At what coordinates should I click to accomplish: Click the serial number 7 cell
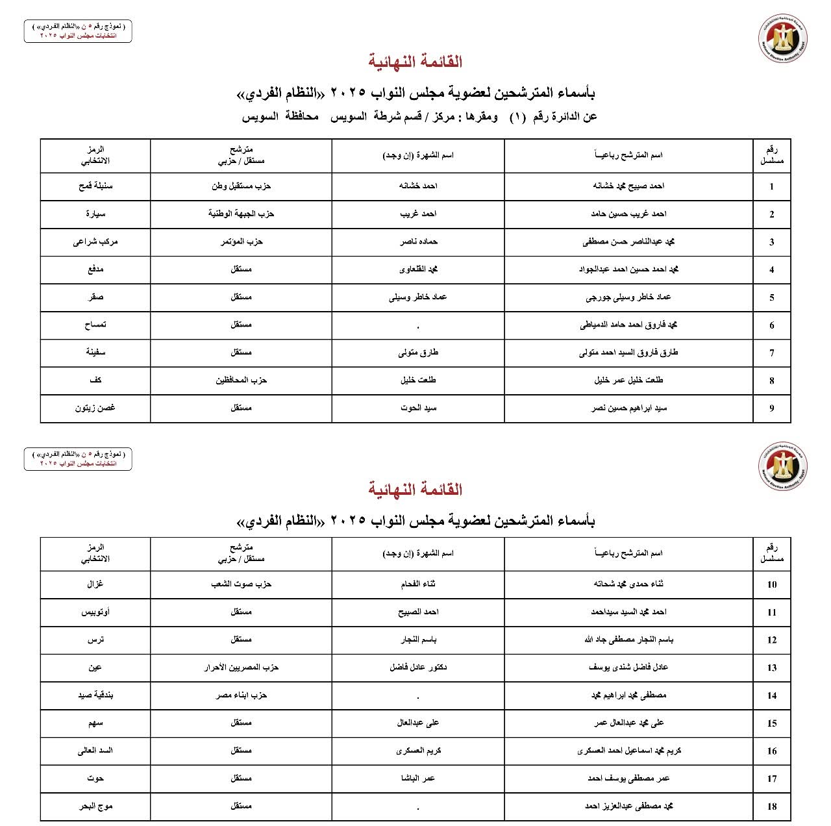(771, 353)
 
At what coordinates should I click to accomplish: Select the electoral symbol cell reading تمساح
(95, 325)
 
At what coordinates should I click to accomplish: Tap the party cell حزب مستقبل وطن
(241, 186)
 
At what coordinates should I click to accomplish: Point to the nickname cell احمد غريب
(418, 214)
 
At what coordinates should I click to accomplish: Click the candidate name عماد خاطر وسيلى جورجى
(628, 297)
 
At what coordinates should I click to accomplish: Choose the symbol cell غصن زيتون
(95, 408)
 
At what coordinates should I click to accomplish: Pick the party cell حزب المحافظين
(241, 380)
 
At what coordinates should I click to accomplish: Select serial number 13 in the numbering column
(771, 668)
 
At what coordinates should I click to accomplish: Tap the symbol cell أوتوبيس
(95, 612)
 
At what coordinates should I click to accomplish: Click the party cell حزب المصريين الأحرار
(241, 667)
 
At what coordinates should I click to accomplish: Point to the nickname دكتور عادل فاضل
(418, 667)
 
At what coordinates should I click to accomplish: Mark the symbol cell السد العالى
(95, 750)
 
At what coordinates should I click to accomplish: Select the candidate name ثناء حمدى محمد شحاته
(628, 584)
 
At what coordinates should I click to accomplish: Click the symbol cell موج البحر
(95, 806)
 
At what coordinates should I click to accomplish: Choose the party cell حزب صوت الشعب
(241, 584)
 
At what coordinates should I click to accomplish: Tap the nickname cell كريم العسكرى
(418, 750)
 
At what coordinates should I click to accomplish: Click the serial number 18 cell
(771, 807)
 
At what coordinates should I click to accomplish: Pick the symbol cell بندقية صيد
(95, 695)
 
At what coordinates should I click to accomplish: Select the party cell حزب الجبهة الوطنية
(241, 214)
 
